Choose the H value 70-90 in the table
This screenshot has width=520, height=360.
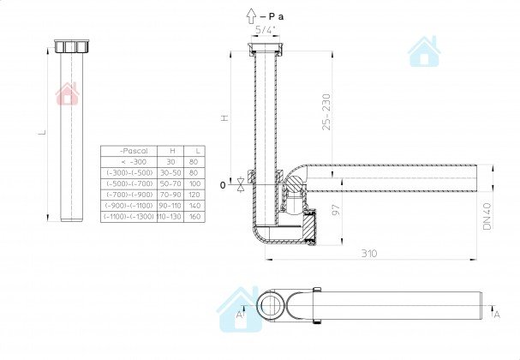[171, 195]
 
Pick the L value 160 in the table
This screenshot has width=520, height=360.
[195, 217]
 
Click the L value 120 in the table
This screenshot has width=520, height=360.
[195, 195]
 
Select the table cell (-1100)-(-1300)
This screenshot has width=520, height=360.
[129, 217]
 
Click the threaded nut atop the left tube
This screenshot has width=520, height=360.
[70, 45]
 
